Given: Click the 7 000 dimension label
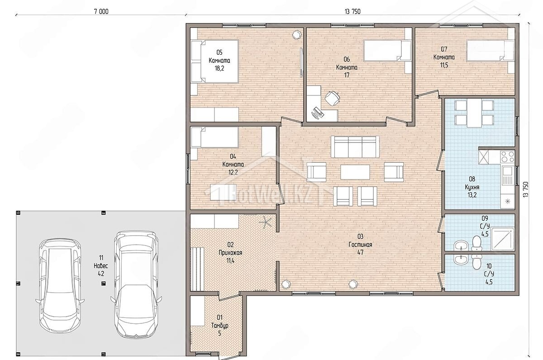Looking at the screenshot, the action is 101,11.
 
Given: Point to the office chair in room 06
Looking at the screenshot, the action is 332,98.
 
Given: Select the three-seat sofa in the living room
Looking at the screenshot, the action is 355,147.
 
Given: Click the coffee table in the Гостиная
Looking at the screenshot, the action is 355,172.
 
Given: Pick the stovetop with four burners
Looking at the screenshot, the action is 507,156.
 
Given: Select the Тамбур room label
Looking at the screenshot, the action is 219,325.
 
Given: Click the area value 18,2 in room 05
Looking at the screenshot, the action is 219,68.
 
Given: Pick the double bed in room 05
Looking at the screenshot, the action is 214,62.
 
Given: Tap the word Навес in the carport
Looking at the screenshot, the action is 100,266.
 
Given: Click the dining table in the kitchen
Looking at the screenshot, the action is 474,113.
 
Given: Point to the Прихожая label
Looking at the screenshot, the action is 230,253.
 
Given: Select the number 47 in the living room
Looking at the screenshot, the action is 360,252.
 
